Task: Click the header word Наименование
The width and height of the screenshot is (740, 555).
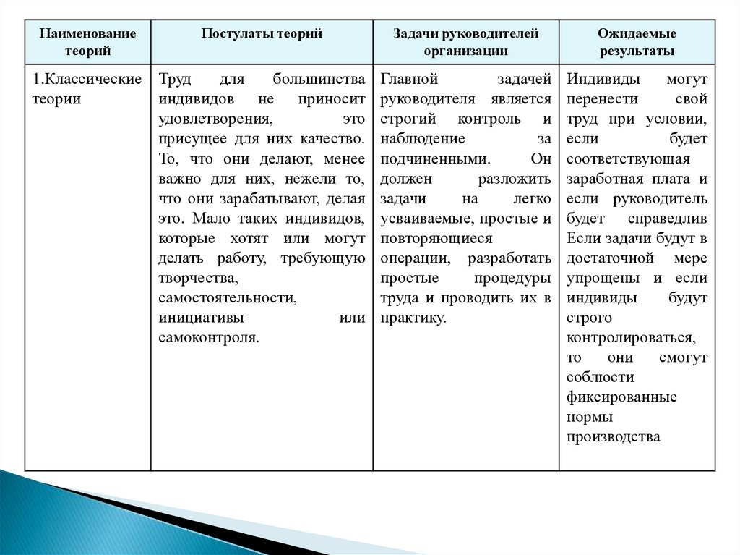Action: click(x=87, y=34)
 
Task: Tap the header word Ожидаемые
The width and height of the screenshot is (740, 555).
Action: click(x=637, y=34)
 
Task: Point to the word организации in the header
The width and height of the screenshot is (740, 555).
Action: click(x=466, y=51)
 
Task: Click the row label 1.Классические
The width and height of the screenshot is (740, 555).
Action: click(x=87, y=80)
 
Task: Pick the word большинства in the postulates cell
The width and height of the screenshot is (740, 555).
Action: click(x=319, y=80)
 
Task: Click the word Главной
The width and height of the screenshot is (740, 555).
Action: click(x=410, y=80)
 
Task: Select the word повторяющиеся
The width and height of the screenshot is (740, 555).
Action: click(x=436, y=238)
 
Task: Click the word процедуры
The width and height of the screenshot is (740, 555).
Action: click(x=512, y=278)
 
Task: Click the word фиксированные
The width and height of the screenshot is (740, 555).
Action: click(x=622, y=397)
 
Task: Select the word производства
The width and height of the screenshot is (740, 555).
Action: click(x=614, y=437)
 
